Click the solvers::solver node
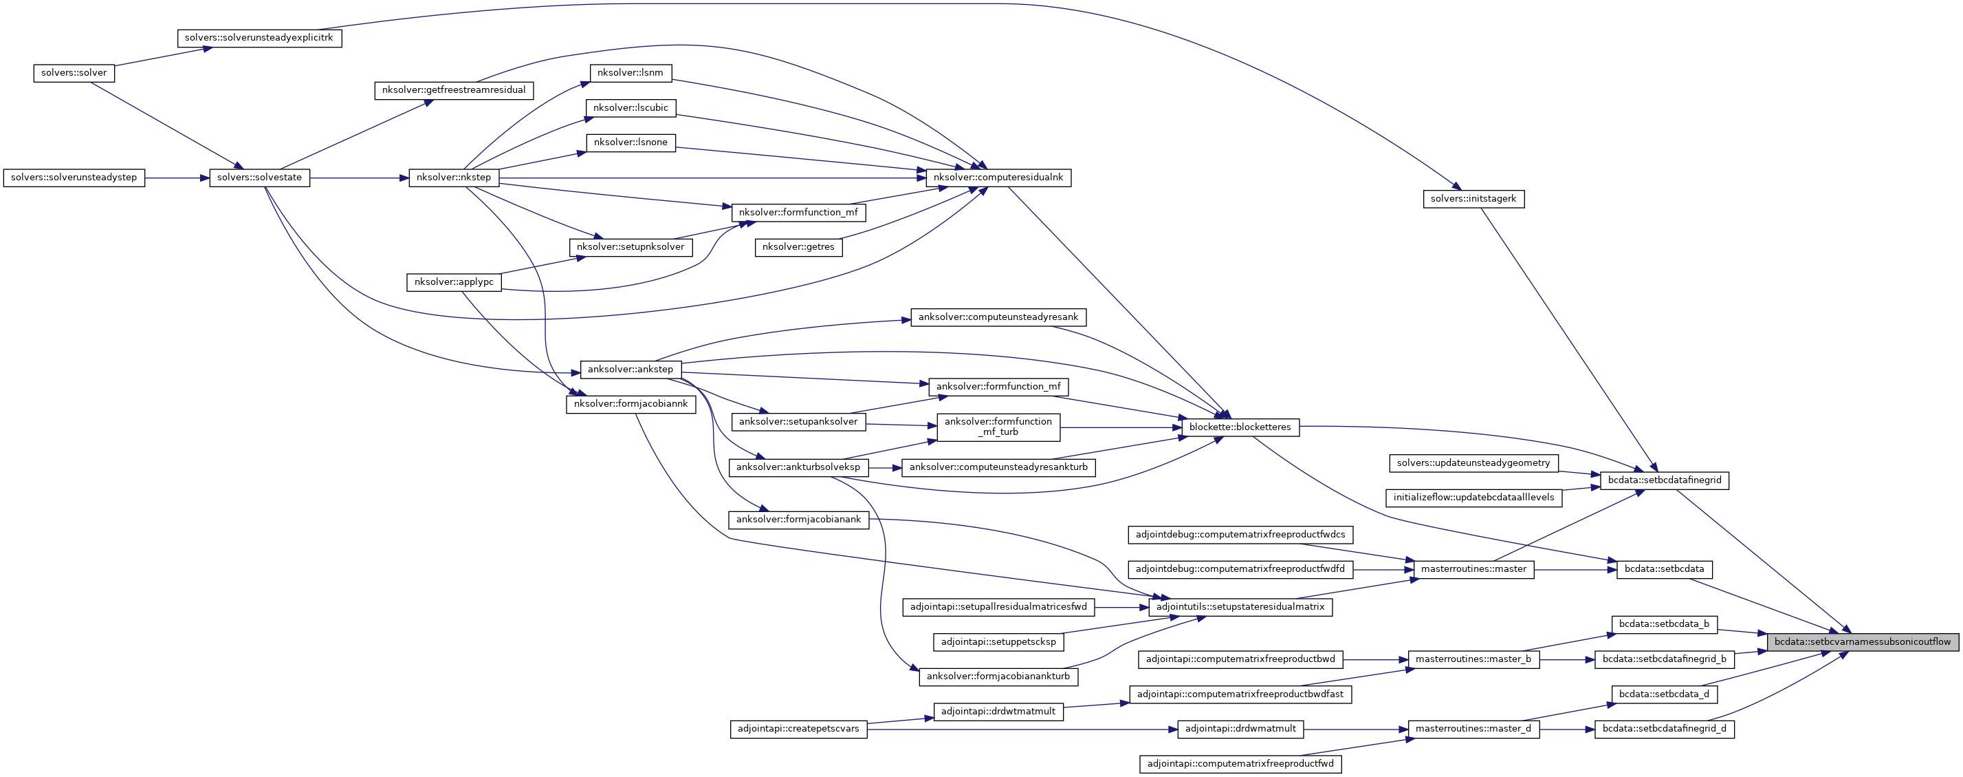coord(74,73)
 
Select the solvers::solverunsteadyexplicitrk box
coord(259,38)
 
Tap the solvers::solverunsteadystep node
coord(74,178)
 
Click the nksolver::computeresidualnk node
coord(998,178)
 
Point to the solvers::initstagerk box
coord(1473,199)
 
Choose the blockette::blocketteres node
coord(1240,427)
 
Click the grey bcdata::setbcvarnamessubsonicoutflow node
coord(1863,642)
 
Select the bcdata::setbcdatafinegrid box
coord(1665,480)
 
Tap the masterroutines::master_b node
coord(1473,659)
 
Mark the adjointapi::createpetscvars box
coord(798,729)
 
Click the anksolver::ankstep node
coord(630,370)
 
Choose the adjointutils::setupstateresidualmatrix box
coord(1240,607)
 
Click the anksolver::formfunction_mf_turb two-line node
coord(998,427)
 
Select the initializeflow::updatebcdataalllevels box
coord(1473,498)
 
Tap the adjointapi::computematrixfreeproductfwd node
coord(1240,763)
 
